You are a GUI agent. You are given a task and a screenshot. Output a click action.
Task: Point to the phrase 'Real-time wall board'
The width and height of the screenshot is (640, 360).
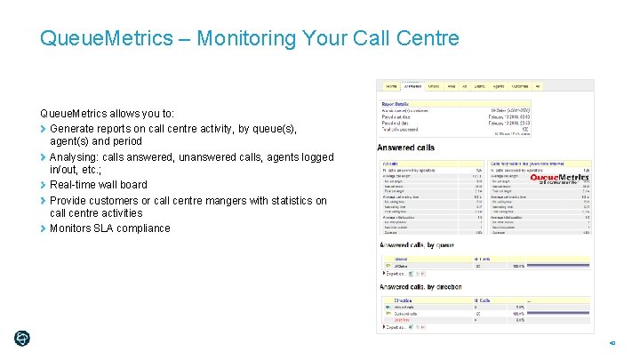click(x=98, y=185)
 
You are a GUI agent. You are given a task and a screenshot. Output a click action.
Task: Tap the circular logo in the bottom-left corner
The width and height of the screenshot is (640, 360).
click(x=22, y=338)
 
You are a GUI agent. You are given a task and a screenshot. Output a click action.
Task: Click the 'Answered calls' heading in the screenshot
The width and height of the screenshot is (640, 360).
click(x=406, y=148)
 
